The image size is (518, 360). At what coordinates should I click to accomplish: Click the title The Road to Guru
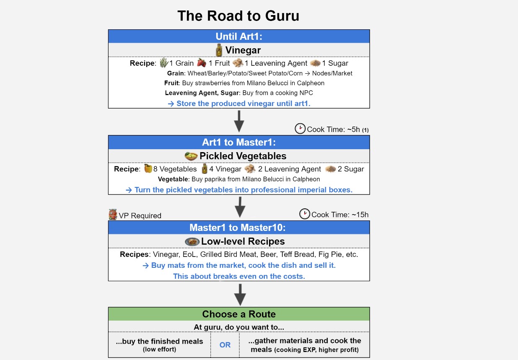coord(238,16)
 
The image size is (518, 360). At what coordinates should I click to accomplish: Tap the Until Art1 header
coord(239,36)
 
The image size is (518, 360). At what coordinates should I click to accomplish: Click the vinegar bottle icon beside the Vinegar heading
coord(219,50)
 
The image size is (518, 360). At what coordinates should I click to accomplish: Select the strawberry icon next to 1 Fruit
coord(202,63)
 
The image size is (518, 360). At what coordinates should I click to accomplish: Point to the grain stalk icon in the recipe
coord(164,63)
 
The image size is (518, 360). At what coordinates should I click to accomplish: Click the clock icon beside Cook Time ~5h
coord(300,129)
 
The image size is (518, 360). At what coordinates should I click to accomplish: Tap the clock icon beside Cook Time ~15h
coord(305,214)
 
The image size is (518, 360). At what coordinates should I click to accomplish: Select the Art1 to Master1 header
coord(239,142)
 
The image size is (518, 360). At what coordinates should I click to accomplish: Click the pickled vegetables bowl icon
coord(191,156)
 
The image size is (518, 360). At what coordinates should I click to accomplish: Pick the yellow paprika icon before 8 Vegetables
coord(148,168)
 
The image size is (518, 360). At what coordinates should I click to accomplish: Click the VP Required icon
coord(113,214)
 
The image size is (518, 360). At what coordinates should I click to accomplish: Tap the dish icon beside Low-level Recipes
coord(192,242)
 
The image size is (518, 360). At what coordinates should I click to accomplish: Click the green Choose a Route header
coord(239,314)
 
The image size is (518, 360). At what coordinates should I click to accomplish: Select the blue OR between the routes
coord(225,345)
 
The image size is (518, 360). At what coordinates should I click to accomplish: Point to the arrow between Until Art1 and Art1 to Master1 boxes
coord(239,122)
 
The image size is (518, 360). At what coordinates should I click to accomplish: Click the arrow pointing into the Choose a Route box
coord(240,295)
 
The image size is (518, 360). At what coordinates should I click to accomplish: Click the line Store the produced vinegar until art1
coord(239,104)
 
